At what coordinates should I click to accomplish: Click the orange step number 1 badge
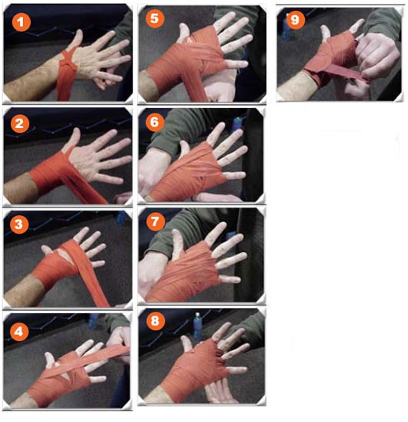(22, 22)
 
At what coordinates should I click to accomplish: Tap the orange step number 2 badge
(19, 123)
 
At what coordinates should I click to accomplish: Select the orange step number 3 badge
(18, 225)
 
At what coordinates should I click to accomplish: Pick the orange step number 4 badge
(18, 332)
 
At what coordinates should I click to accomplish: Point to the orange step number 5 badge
(155, 19)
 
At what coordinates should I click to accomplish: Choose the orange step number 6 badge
(155, 122)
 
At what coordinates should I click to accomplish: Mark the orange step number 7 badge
(156, 221)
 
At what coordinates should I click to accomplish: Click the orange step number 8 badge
(156, 321)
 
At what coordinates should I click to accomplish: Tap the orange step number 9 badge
(295, 19)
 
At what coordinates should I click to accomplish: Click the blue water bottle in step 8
(198, 326)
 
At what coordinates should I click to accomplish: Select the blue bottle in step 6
(237, 123)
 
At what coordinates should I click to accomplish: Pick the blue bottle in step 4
(93, 321)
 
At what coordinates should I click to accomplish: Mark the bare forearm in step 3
(24, 291)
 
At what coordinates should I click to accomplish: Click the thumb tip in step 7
(176, 232)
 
